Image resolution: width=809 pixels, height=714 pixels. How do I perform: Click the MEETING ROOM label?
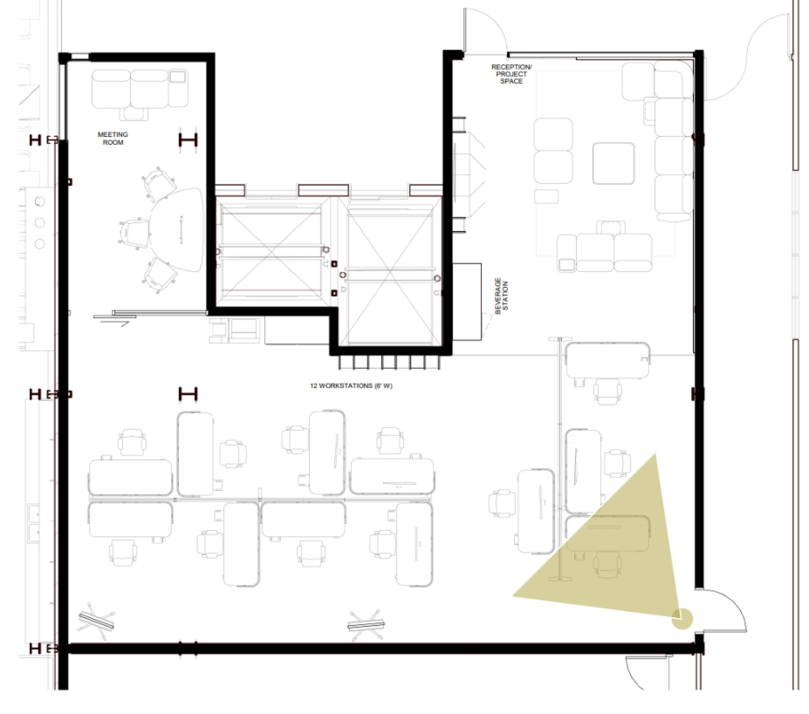113,139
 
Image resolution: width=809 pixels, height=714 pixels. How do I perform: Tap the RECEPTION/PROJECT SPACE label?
511,74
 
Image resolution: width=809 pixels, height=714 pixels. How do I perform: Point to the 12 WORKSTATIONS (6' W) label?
351,386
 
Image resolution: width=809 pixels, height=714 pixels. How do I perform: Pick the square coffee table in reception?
614,163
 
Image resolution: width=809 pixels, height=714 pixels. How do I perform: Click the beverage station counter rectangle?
467,301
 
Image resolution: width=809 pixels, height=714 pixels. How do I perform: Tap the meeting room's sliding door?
150,314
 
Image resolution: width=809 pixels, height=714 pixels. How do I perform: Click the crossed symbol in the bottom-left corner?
97,621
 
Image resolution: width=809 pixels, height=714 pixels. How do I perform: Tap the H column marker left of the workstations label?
188,394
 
